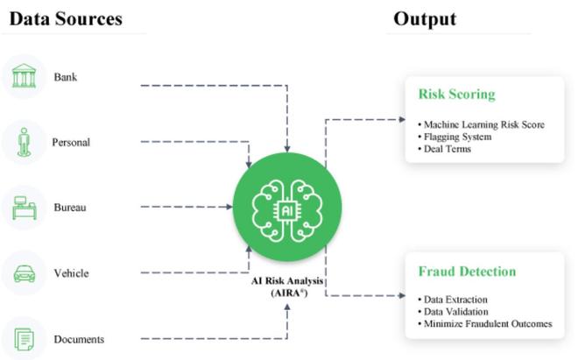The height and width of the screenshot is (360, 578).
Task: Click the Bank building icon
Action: click(24, 76)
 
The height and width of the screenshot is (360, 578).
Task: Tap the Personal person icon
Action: click(24, 142)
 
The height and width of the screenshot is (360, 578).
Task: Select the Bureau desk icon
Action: click(24, 208)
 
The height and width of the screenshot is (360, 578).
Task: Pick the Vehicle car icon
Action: click(24, 273)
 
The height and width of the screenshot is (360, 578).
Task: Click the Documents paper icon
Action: click(24, 338)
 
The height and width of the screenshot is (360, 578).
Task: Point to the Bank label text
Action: click(65, 76)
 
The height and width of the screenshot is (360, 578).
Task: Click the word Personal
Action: click(71, 142)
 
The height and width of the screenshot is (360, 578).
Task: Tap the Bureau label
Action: click(70, 208)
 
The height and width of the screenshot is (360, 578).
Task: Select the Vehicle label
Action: click(71, 273)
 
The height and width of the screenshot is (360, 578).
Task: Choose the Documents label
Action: click(79, 339)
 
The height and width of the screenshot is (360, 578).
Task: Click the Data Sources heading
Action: click(66, 18)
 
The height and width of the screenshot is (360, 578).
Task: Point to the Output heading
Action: click(425, 18)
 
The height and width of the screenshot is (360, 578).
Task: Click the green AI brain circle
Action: click(287, 207)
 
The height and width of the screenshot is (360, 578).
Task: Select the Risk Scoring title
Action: click(456, 94)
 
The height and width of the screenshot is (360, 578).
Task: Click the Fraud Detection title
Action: click(467, 271)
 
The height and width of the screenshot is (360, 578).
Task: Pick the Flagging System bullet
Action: click(455, 137)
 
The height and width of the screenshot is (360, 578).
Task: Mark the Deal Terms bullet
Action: click(447, 149)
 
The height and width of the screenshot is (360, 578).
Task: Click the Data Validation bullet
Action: click(453, 312)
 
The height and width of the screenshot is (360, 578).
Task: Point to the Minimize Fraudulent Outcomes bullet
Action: click(485, 324)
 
